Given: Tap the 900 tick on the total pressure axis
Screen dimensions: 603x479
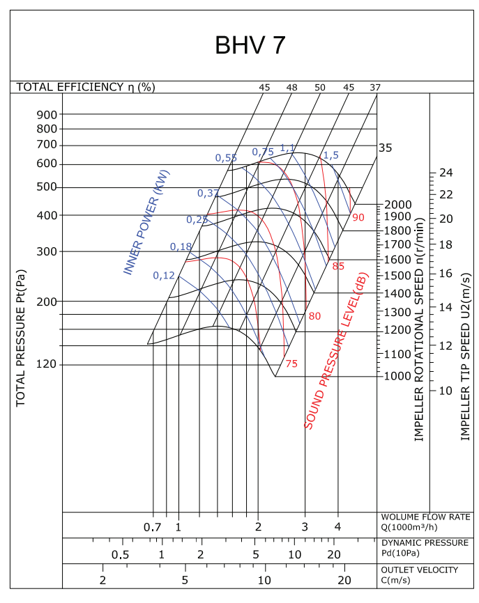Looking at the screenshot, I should [47, 114].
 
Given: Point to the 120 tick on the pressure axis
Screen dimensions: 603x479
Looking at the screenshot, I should [47, 364].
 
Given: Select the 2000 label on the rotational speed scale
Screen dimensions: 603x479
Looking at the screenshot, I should [397, 204].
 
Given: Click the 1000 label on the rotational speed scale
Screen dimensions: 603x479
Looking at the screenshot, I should [397, 376].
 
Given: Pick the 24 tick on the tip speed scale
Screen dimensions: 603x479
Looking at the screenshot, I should [446, 173].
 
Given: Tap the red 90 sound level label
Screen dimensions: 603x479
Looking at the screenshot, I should [358, 217].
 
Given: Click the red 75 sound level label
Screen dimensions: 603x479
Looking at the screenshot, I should [291, 363].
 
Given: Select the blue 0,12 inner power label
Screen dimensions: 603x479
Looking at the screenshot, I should [164, 275].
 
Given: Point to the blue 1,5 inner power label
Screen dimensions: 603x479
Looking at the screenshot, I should [331, 155].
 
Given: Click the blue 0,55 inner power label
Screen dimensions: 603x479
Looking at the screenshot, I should [226, 158].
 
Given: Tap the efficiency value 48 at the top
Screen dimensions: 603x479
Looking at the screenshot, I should [291, 87].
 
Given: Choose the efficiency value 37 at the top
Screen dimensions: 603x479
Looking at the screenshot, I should [375, 87].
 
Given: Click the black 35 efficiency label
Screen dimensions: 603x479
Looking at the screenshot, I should [386, 148].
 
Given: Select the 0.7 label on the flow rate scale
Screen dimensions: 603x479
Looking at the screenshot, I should [152, 527].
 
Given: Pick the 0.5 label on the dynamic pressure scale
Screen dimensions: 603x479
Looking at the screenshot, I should [121, 554].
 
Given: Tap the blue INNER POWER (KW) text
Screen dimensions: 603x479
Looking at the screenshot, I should [146, 222].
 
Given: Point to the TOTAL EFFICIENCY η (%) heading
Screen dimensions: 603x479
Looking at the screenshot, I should [86, 87].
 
